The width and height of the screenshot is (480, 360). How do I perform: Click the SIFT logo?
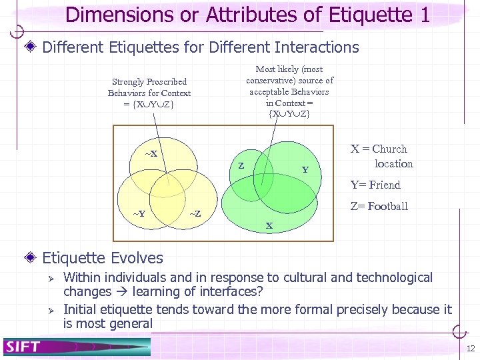(x=23, y=347)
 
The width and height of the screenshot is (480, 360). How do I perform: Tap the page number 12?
(x=471, y=349)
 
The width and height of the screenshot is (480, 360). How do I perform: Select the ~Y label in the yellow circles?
(x=139, y=213)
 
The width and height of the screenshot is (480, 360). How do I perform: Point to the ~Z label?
(x=195, y=213)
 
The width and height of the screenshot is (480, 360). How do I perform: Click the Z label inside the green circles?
(x=241, y=165)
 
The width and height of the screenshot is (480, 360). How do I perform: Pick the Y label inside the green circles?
(x=305, y=169)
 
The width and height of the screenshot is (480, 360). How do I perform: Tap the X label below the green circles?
(x=269, y=225)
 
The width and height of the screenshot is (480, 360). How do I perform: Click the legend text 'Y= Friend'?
(x=375, y=185)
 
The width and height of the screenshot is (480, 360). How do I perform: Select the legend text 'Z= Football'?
(x=379, y=206)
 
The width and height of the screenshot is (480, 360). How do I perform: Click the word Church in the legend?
(x=389, y=149)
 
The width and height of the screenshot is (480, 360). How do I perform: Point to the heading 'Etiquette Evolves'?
(x=103, y=257)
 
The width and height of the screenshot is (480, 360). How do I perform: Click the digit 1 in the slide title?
(x=424, y=15)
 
